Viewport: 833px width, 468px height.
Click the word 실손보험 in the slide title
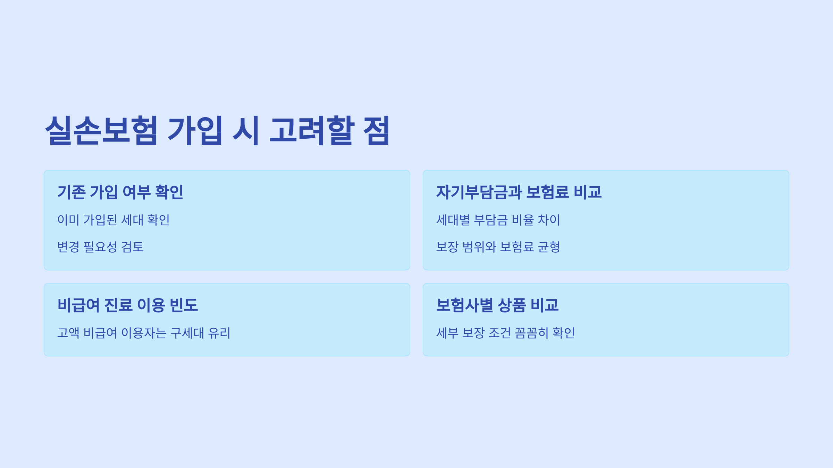tap(101, 130)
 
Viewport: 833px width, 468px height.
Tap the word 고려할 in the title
tap(312, 130)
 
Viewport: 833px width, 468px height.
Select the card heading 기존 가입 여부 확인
tap(120, 192)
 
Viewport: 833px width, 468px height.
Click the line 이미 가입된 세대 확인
tap(113, 220)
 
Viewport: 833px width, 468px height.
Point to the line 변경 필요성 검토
tap(100, 247)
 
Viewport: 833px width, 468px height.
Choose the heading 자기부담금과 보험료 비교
tap(519, 192)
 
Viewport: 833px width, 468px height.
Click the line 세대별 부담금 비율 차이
tap(498, 220)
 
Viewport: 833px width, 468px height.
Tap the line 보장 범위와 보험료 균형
tap(498, 247)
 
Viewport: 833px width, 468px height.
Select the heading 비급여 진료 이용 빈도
tap(127, 305)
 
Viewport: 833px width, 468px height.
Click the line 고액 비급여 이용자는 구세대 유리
tap(144, 333)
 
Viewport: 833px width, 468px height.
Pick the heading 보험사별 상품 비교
tap(497, 305)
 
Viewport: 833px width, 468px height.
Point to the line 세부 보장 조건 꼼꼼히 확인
tap(505, 333)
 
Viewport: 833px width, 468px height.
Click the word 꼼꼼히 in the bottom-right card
tap(531, 333)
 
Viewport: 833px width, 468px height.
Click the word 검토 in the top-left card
tap(132, 247)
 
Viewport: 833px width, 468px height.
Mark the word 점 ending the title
tap(376, 130)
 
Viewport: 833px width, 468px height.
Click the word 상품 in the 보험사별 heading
tap(512, 305)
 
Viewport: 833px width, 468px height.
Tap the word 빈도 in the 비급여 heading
tap(184, 305)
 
